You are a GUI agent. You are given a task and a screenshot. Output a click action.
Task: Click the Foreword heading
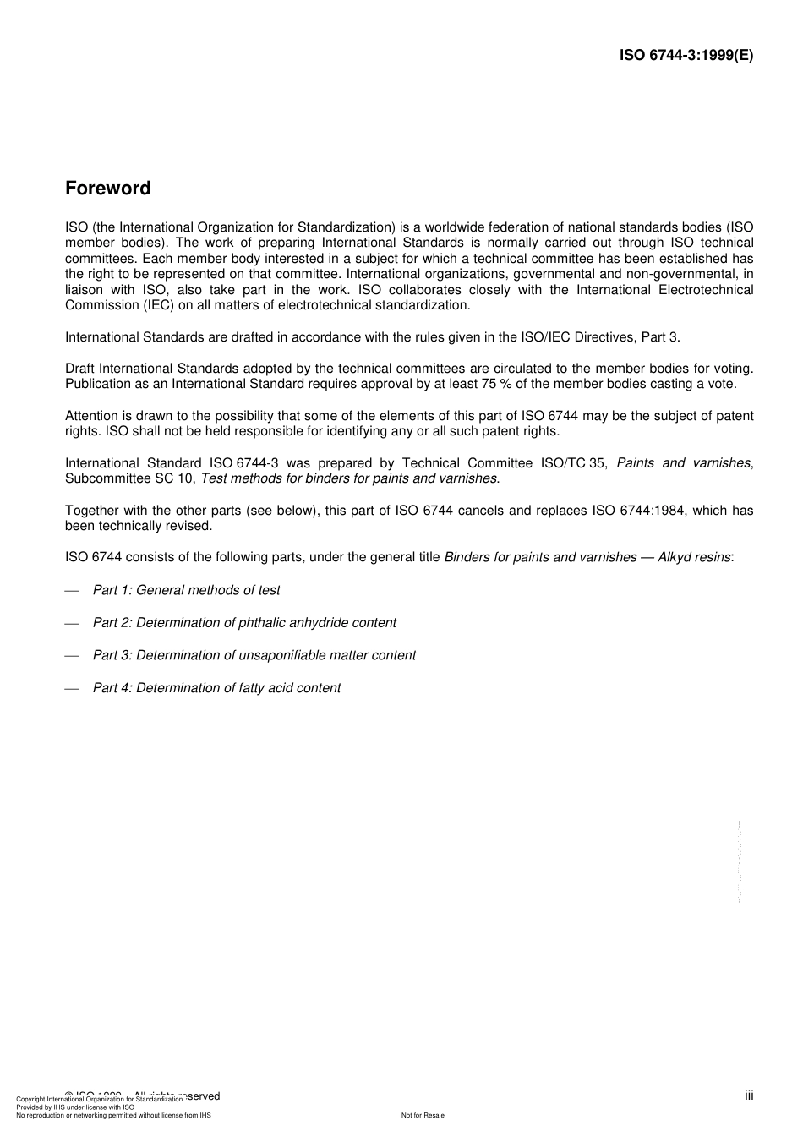(107, 189)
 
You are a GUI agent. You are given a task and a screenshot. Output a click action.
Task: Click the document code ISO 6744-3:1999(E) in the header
(686, 56)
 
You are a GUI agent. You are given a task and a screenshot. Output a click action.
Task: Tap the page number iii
(749, 1096)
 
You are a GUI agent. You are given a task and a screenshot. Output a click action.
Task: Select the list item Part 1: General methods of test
(186, 590)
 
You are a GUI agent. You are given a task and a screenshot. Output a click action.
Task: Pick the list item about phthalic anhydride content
(243, 623)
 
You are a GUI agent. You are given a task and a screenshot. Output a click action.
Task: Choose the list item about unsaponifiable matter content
(254, 655)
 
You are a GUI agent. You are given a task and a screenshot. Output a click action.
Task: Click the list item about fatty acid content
(216, 688)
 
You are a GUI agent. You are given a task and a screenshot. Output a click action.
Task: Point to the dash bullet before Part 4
(72, 688)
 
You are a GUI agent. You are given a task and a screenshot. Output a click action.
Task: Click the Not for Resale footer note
(423, 1115)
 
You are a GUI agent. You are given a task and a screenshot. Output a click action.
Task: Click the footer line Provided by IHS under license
(74, 1107)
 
